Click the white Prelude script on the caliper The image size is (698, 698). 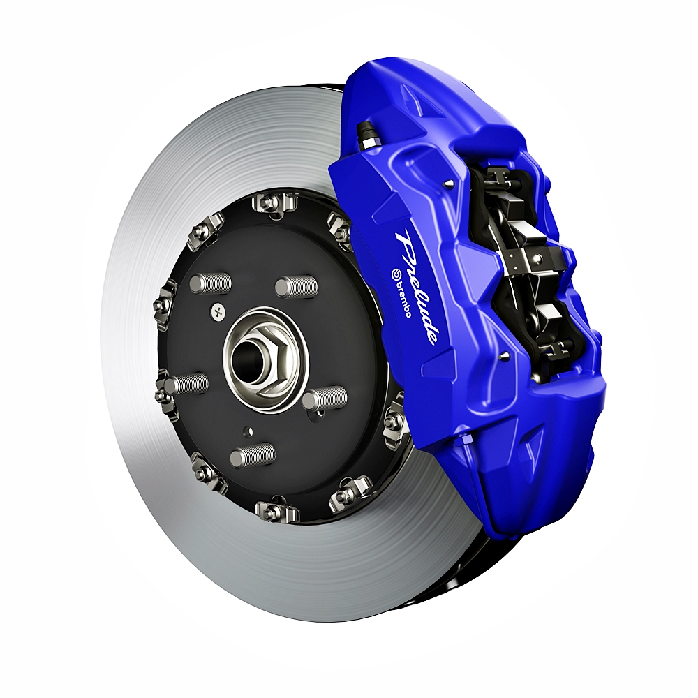[x=415, y=287]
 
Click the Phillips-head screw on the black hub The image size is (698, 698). [x=218, y=311]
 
